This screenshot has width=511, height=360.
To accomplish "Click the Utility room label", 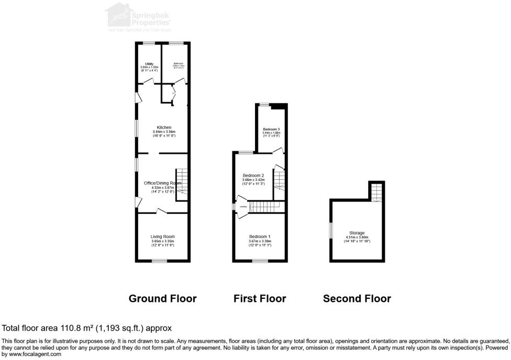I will tap(149, 64).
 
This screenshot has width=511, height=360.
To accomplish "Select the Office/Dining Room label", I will tap(162, 183).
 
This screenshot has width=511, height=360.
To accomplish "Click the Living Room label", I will tap(162, 237).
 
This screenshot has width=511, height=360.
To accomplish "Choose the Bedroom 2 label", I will tap(253, 175).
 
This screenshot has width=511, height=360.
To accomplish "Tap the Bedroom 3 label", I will tap(271, 129).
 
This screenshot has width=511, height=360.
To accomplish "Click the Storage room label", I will tap(357, 233).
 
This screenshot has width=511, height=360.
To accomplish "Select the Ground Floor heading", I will tap(162, 299).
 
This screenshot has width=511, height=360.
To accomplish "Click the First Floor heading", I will tap(260, 299).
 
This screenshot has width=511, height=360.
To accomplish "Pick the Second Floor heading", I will tap(357, 299).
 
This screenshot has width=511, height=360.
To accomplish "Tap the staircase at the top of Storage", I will tap(375, 192).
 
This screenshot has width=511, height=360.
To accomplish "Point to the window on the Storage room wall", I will tap(330, 231).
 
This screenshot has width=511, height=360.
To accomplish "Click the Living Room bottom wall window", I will tap(156, 261).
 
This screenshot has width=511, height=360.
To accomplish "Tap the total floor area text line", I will tap(87, 328).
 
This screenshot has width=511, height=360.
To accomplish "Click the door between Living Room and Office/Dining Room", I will tap(162, 211).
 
